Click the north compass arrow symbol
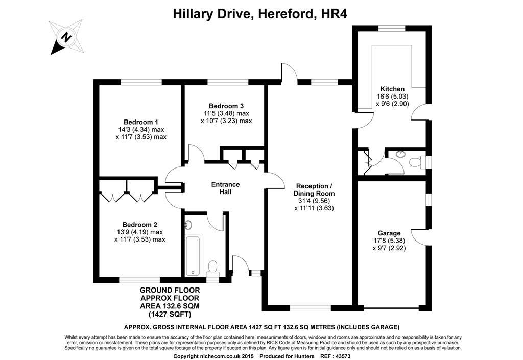(x=66, y=37)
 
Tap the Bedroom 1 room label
(x=141, y=122)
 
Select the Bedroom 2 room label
(x=139, y=224)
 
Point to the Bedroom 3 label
(x=226, y=106)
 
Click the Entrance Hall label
(x=225, y=188)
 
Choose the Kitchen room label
(x=392, y=89)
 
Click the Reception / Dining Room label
(x=314, y=189)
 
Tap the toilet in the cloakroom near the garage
(x=417, y=162)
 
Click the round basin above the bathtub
(x=188, y=224)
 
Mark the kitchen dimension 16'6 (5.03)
(x=392, y=96)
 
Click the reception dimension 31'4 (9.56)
(x=314, y=201)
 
